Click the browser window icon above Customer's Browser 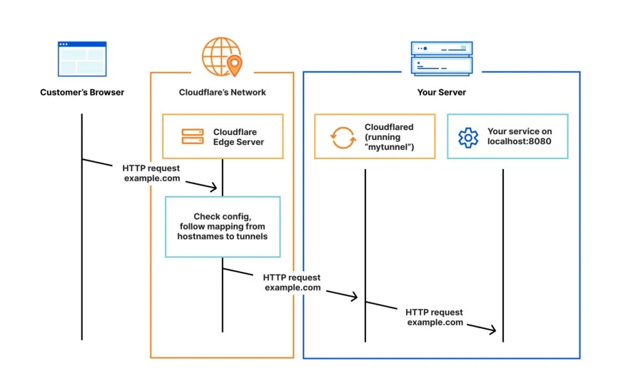click(82, 59)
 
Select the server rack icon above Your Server click(442, 58)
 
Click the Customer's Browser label click(82, 92)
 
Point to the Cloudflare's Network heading click(222, 92)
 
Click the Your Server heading click(442, 92)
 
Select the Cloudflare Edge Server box click(223, 136)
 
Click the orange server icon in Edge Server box click(193, 136)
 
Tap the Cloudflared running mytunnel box click(375, 136)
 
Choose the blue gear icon click(468, 137)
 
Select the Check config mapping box click(223, 226)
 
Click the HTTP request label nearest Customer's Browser click(151, 173)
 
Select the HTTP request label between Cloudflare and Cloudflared click(292, 282)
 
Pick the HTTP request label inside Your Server click(434, 317)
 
